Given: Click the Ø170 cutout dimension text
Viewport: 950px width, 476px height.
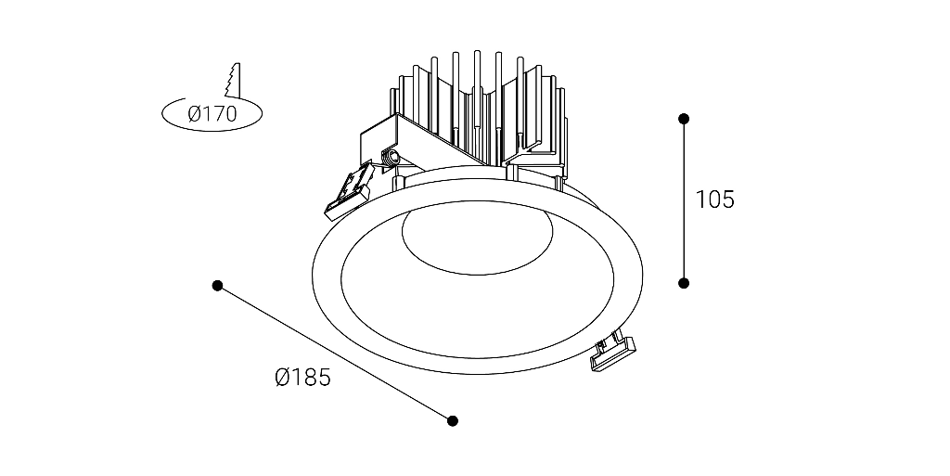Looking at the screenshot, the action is point(212,113).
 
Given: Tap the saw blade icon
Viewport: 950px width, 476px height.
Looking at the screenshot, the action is point(233,80).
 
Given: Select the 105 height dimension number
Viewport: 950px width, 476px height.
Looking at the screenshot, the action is point(714,199).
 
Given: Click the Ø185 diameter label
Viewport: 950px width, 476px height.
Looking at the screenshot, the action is point(303,378).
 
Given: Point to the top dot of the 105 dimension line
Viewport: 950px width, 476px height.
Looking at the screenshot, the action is point(684,119).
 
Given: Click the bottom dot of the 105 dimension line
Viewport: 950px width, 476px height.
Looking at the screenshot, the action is point(684,283).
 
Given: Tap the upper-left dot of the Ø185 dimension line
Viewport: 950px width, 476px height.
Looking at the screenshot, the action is point(217,286).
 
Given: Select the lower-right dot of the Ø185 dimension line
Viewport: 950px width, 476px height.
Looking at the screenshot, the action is point(453,421).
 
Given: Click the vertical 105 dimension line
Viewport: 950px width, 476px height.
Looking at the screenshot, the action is point(684,201).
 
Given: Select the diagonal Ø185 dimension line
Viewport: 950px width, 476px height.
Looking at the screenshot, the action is point(335,354).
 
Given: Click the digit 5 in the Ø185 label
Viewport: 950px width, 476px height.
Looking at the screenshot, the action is point(324,378).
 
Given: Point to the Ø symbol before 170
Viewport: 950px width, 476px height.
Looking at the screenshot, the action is point(195,113).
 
